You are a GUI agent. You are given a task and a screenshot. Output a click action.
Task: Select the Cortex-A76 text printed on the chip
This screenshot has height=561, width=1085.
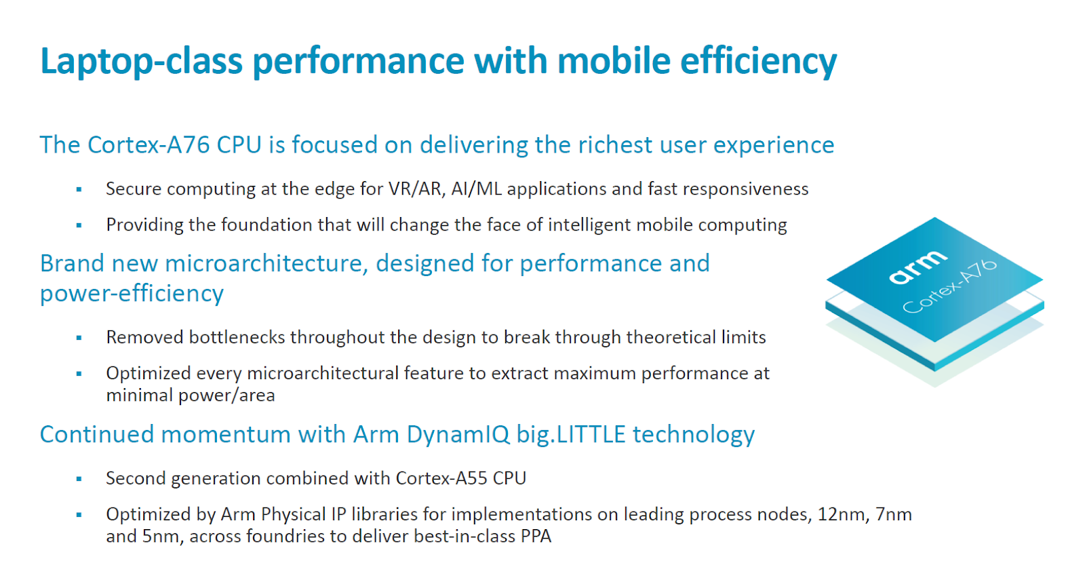click(950, 287)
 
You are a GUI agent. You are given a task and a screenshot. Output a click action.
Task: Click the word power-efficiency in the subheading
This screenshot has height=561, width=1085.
click(132, 293)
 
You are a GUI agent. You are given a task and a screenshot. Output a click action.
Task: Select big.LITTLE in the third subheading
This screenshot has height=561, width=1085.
click(571, 434)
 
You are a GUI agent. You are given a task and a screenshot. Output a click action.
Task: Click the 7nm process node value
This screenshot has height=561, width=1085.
click(894, 514)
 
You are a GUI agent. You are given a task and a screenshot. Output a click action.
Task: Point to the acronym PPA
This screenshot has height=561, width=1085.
click(536, 537)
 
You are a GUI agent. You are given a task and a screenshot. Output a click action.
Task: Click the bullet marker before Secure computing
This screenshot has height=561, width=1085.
click(79, 189)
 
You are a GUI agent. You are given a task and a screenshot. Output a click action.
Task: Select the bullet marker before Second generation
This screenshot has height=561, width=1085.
click(79, 479)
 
